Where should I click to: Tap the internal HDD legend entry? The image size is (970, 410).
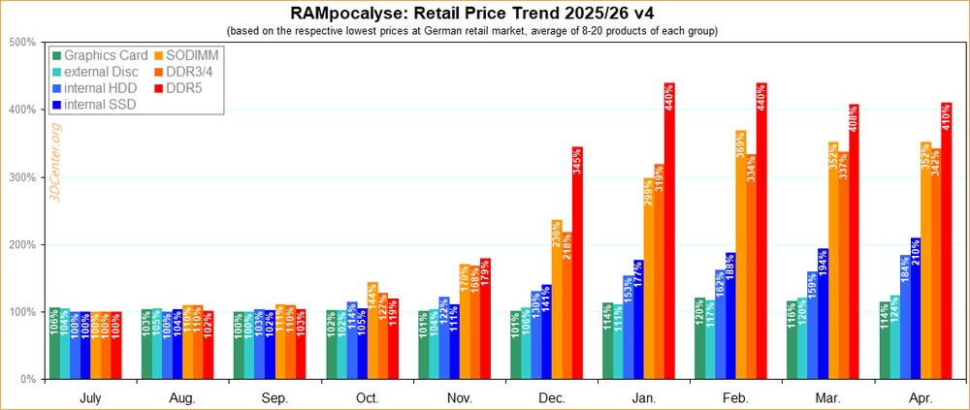(100, 88)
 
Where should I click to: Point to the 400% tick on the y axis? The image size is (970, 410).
(22, 110)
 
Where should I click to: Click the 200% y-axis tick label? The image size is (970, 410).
(22, 244)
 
